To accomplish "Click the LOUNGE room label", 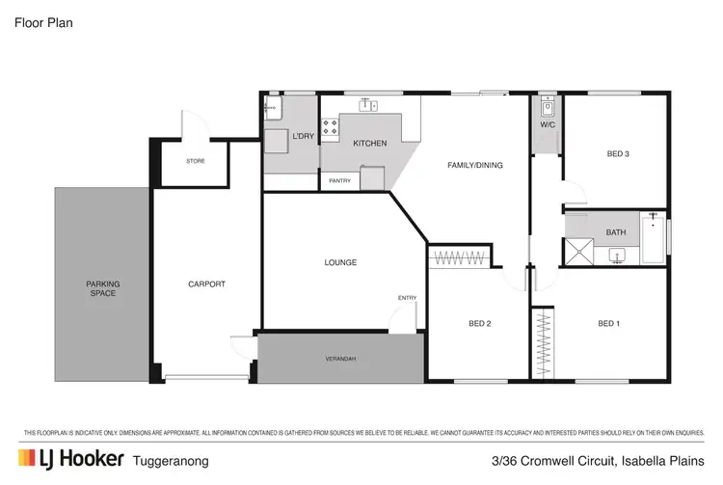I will coord(340,262).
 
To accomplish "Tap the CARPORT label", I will coord(206,283).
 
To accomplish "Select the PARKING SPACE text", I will coord(102,288).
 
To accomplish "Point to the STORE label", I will coord(196,161).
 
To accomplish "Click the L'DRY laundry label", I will coord(303,137).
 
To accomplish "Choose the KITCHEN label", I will coord(369,144).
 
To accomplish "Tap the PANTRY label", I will coord(339,180).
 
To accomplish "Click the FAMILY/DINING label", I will coord(475,165).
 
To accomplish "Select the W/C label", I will coord(547,124).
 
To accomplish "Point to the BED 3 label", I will coord(618,153).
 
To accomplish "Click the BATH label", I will coord(617,231).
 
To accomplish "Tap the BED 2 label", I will coord(479,323).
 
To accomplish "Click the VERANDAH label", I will coord(339,359).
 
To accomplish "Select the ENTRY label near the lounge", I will coord(407,298).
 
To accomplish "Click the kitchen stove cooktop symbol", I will coord(330,125).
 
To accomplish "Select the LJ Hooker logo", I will coord(71,459).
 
